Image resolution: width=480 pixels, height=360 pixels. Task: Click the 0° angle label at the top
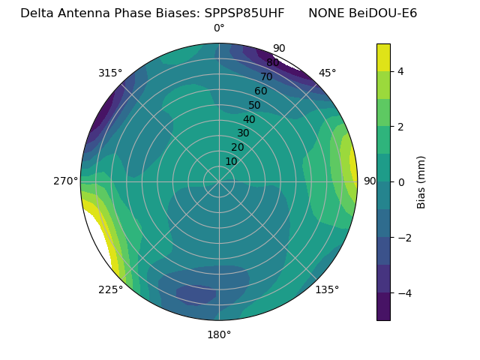pyautogui.click(x=219, y=28)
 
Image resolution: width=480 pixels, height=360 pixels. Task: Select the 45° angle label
pyautogui.click(x=327, y=73)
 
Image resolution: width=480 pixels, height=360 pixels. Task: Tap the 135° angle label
pyautogui.click(x=327, y=289)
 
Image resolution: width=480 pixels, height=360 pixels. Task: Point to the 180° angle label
pyautogui.click(x=219, y=334)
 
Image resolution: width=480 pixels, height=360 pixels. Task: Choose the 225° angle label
pyautogui.click(x=110, y=289)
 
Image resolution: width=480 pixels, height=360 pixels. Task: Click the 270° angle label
pyautogui.click(x=65, y=181)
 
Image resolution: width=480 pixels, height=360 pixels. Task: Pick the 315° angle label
pyautogui.click(x=110, y=73)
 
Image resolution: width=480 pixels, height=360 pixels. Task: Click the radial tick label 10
pyautogui.click(x=231, y=161)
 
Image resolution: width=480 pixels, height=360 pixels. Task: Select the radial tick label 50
pyautogui.click(x=254, y=105)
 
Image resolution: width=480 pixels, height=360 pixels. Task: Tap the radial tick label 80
pyautogui.click(x=272, y=62)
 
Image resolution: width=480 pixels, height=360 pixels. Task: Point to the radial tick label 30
pyautogui.click(x=243, y=133)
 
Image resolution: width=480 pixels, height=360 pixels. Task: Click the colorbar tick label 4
pyautogui.click(x=401, y=71)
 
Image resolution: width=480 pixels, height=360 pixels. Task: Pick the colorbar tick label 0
pyautogui.click(x=401, y=182)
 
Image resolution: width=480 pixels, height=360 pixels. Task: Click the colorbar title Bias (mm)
pyautogui.click(x=421, y=182)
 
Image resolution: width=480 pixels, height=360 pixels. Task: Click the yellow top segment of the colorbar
pyautogui.click(x=383, y=57)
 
